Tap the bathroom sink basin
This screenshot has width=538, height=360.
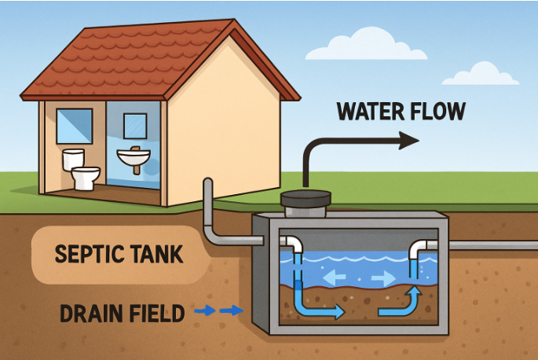point(134,160)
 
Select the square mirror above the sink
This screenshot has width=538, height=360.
point(135,126)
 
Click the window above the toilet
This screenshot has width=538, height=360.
point(75,126)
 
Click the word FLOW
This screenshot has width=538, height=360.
point(437,112)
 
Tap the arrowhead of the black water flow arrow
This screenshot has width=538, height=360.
point(408,141)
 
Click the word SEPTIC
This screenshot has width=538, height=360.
point(86,255)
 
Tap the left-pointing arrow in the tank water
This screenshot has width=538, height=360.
point(335,277)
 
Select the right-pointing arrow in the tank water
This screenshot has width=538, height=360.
point(384,277)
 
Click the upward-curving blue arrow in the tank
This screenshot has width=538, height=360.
point(401,303)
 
